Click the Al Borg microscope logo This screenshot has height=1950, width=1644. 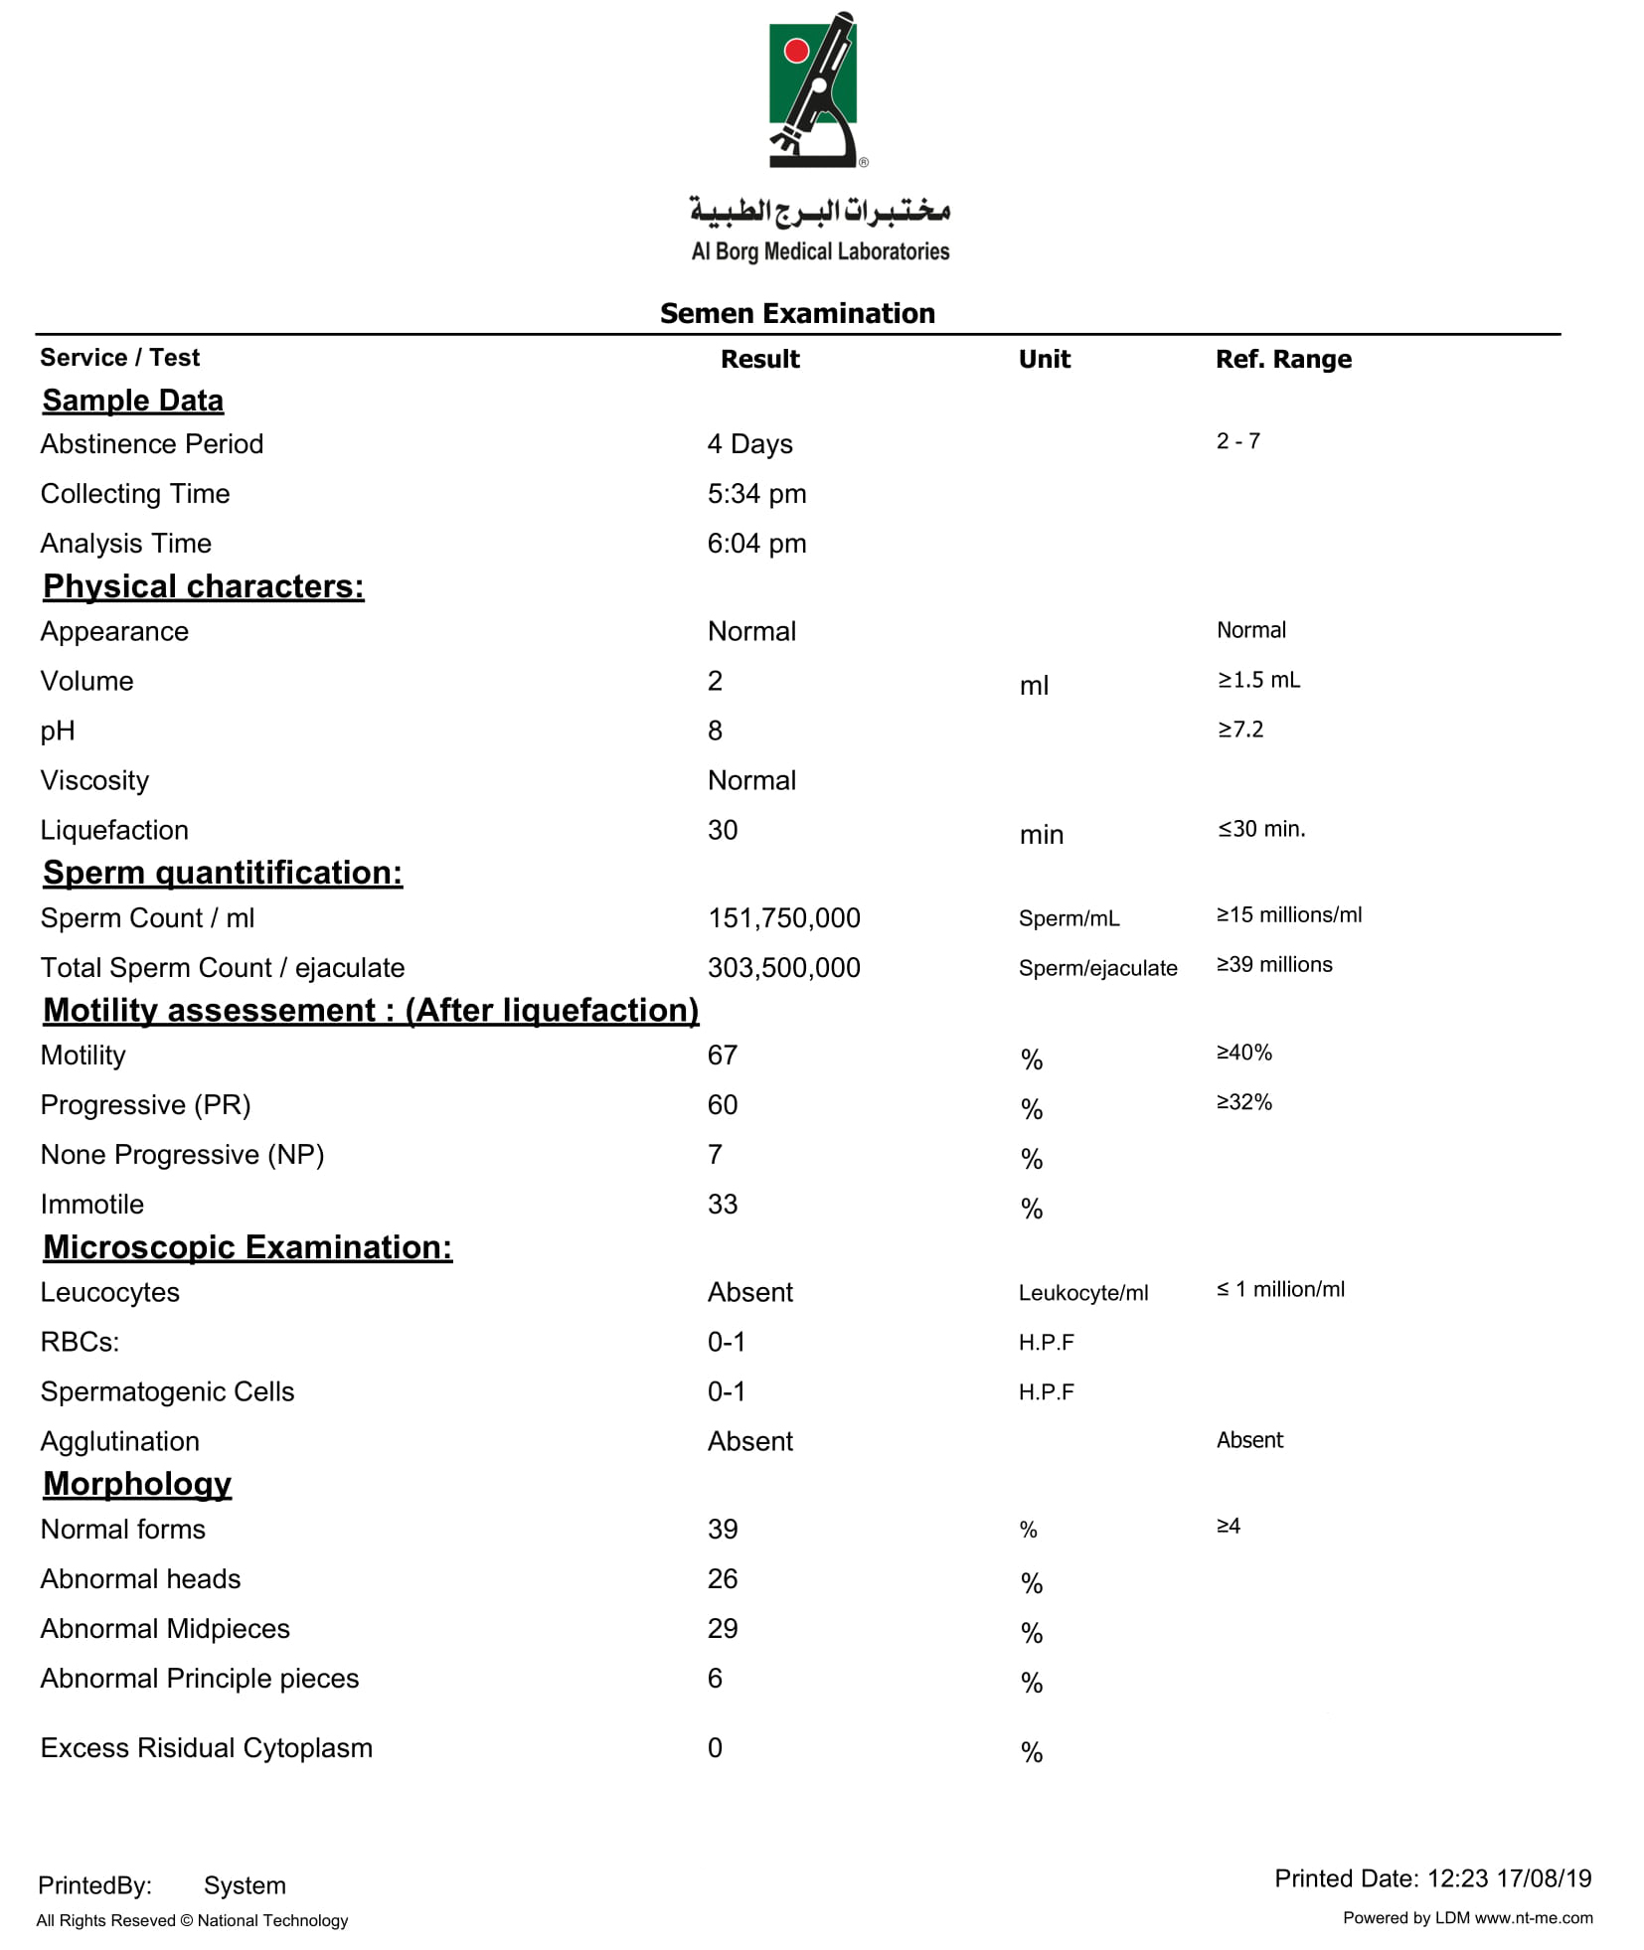(814, 91)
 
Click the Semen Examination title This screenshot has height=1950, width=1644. (797, 313)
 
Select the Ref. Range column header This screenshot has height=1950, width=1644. (1283, 359)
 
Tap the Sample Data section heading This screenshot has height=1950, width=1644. (132, 401)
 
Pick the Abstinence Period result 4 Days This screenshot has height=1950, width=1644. (749, 443)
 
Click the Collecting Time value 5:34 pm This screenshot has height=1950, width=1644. (756, 493)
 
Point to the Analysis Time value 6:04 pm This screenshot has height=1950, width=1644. (756, 543)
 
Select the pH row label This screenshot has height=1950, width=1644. (58, 731)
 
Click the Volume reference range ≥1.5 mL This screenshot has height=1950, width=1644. (1258, 680)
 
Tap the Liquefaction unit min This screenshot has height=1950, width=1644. (1041, 834)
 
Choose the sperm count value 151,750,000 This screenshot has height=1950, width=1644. (783, 917)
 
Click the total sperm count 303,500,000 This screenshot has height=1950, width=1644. (783, 967)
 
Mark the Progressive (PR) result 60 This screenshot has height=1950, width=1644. (723, 1104)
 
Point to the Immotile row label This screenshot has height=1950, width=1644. (91, 1204)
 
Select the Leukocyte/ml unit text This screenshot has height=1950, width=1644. (1082, 1292)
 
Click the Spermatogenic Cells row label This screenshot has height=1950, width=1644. (167, 1390)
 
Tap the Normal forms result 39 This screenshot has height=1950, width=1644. (723, 1529)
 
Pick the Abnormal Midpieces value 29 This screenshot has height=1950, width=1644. (723, 1628)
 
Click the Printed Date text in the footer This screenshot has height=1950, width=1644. (1432, 1877)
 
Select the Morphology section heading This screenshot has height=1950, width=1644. (137, 1483)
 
